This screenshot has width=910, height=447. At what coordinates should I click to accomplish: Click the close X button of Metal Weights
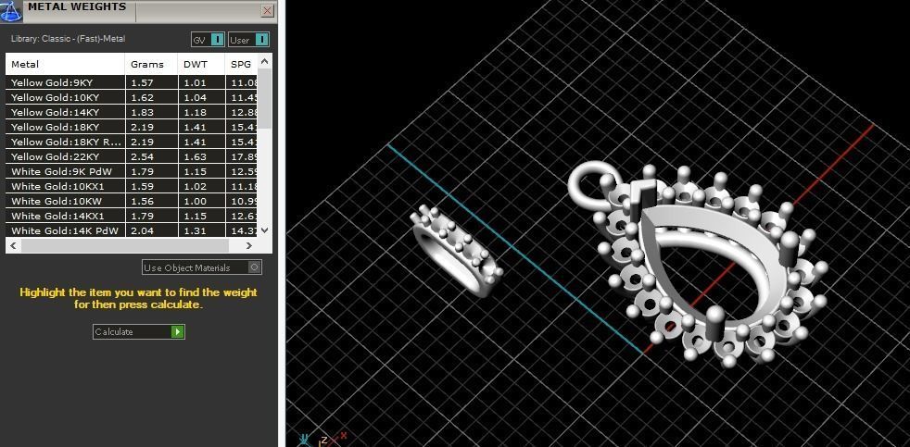[x=268, y=11]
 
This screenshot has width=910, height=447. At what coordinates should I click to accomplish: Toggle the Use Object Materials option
[x=255, y=267]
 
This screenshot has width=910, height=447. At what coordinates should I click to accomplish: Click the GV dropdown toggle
[x=217, y=40]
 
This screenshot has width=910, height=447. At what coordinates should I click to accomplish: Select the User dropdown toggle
[x=261, y=40]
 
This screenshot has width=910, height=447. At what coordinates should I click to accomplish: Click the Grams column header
[x=146, y=65]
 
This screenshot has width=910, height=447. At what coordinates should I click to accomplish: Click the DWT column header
[x=195, y=65]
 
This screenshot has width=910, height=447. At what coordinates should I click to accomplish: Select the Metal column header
[x=25, y=65]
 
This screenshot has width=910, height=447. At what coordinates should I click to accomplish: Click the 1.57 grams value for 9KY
[x=141, y=82]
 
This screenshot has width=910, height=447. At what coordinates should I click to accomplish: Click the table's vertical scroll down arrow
[x=265, y=230]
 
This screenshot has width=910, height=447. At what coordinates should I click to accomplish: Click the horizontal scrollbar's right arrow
[x=249, y=246]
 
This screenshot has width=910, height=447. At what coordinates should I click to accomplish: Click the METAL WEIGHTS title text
[x=77, y=7]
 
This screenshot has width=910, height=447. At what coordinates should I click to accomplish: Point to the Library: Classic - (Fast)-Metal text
[x=68, y=39]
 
